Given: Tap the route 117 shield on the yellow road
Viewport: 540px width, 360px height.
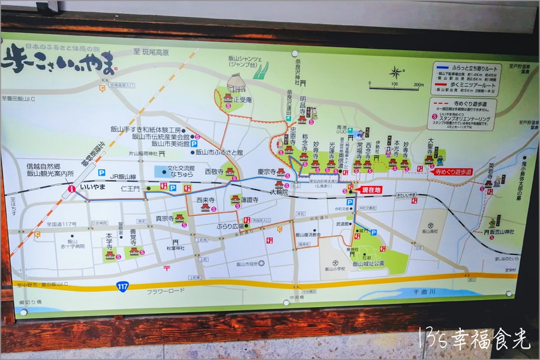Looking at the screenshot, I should pos(122,287).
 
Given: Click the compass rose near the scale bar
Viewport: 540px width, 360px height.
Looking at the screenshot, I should pos(395,73).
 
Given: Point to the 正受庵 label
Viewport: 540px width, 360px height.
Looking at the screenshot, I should pos(243,100).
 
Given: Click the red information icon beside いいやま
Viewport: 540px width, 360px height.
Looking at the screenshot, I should pos(72,188).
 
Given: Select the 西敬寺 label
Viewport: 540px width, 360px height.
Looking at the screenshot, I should pos(214,172).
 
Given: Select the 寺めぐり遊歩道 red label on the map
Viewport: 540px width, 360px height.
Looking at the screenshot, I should pos(454,172).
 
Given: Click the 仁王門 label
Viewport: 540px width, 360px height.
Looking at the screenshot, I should pos(130,188).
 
